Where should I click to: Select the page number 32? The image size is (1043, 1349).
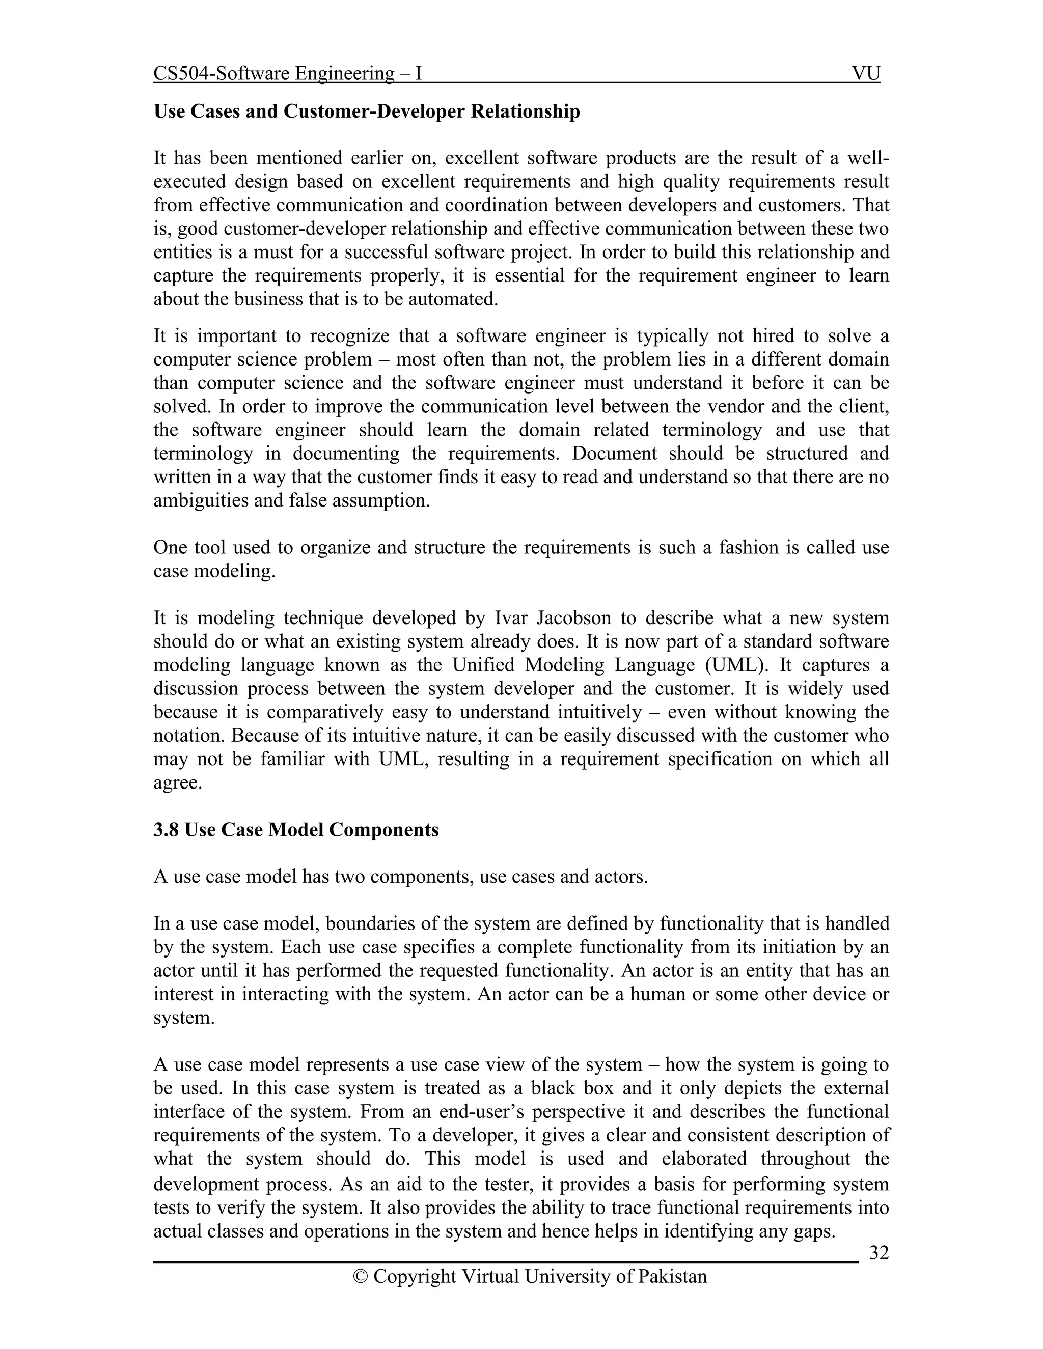[879, 1253]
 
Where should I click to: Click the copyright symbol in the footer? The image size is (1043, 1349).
[360, 1276]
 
